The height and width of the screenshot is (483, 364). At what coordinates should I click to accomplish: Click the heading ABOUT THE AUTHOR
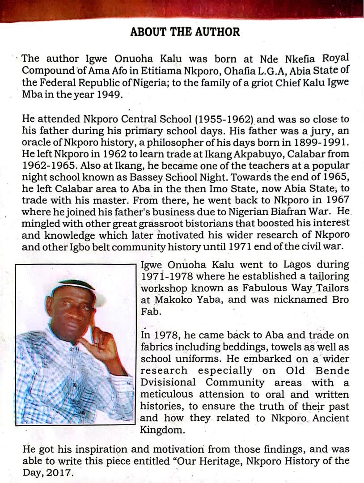(x=185, y=32)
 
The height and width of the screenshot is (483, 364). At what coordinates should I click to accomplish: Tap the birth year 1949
(x=107, y=94)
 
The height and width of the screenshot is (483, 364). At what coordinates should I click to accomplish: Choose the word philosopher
(x=166, y=143)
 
